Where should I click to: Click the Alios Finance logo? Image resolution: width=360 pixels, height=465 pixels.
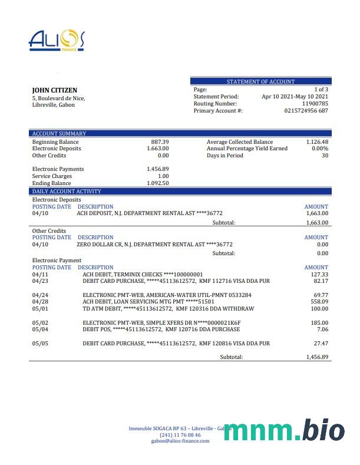(x=57, y=41)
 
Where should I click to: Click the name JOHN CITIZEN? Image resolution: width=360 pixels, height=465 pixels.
(x=54, y=90)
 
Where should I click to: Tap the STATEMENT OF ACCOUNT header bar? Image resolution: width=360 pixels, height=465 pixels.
(x=260, y=81)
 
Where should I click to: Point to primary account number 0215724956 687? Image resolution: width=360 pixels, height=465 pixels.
(x=306, y=111)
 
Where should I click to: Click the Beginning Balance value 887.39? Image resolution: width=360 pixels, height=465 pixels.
(x=160, y=142)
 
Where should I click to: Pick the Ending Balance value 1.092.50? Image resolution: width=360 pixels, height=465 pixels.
(x=158, y=183)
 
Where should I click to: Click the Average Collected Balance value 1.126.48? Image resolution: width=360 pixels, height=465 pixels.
(x=317, y=142)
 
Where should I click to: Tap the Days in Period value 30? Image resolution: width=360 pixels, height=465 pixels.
(x=325, y=156)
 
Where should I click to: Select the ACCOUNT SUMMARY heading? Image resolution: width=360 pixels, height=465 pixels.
(x=59, y=134)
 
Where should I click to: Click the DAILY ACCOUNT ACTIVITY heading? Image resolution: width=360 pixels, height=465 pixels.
(x=67, y=192)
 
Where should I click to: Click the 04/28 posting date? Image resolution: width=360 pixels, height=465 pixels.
(x=40, y=302)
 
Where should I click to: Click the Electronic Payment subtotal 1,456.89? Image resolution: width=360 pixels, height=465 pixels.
(x=317, y=357)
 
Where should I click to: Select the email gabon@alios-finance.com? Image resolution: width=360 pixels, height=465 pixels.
(x=180, y=441)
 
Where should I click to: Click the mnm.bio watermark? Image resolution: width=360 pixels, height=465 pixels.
(x=284, y=430)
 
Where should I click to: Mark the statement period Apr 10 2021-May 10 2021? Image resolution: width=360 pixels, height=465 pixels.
(x=295, y=97)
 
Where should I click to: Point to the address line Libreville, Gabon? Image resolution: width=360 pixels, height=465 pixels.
(x=53, y=105)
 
